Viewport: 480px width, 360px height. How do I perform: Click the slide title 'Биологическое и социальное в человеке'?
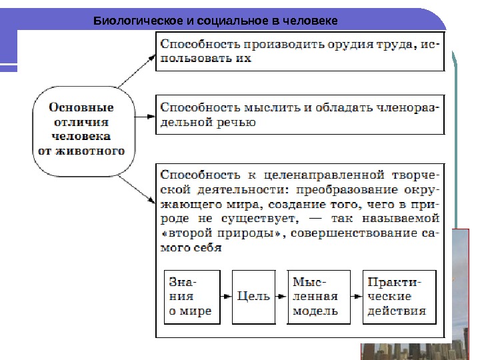215,21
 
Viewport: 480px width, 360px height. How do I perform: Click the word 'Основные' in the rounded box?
83,107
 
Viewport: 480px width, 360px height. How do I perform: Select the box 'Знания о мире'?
191,296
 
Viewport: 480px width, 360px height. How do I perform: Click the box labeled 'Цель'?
253,296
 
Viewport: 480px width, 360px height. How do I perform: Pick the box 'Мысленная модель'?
315,296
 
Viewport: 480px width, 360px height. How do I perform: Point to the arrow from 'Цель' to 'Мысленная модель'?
281,296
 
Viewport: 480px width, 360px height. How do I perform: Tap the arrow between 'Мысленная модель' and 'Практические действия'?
352,296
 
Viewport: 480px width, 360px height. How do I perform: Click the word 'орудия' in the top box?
347,45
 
